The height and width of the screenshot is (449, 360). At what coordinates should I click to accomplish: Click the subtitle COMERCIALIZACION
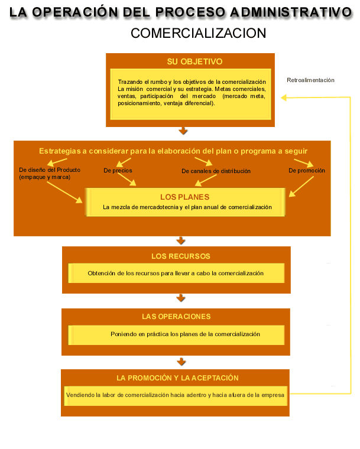point(199,33)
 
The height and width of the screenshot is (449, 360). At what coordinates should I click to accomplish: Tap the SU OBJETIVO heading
point(194,61)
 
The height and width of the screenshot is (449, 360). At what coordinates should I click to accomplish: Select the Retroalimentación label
point(310,80)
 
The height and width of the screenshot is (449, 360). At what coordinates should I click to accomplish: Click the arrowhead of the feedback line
point(284,98)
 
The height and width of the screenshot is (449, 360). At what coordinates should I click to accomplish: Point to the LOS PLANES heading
point(185,197)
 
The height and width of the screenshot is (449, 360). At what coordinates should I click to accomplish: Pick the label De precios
point(118,171)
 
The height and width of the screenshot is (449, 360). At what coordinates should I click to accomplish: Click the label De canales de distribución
point(216,171)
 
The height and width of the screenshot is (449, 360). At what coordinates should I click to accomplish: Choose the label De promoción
point(307,171)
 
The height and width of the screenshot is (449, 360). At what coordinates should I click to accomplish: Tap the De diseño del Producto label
point(50,170)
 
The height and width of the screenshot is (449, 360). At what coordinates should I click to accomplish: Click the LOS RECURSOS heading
point(181,256)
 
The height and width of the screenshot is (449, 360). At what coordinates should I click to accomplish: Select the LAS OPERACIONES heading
point(176,317)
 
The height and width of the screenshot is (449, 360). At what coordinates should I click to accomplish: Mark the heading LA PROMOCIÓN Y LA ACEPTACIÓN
point(177,378)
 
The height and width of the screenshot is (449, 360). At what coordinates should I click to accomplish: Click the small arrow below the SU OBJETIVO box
point(183,131)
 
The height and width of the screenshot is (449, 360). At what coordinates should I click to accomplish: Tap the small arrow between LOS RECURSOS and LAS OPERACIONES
point(181,298)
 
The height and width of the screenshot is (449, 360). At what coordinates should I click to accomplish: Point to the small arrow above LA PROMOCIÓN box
point(181,362)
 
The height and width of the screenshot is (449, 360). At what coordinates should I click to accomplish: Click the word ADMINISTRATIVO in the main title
point(291,12)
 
